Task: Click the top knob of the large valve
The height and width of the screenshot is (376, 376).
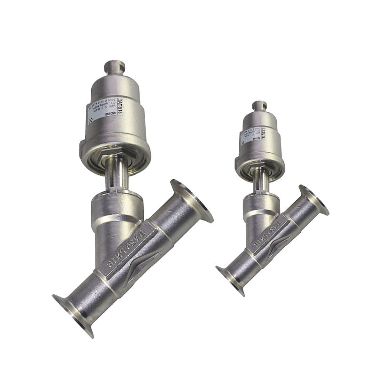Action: tap(114, 67)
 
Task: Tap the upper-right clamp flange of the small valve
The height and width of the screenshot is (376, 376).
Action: tap(314, 200)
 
